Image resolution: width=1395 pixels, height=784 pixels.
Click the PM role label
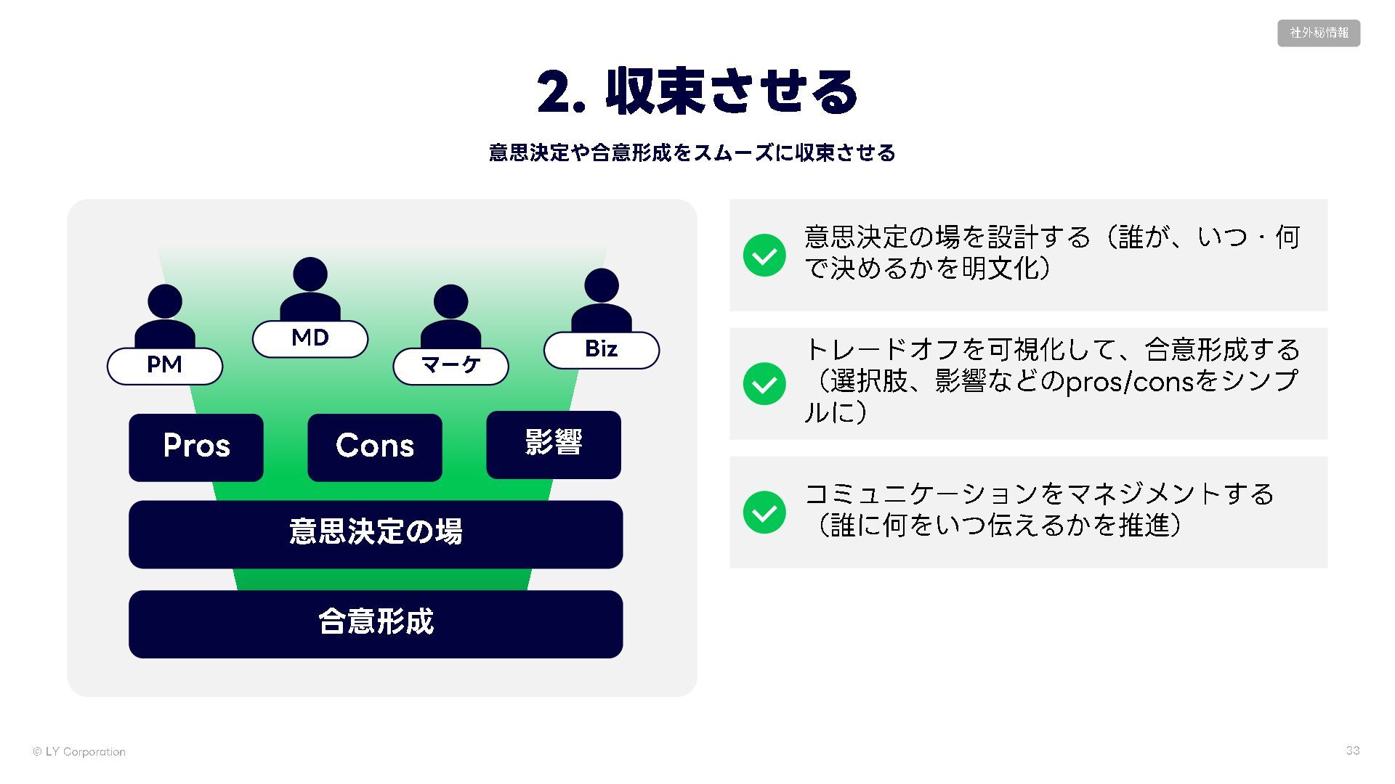[164, 365]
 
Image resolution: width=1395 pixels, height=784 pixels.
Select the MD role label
[310, 338]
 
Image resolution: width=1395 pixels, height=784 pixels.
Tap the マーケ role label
[450, 365]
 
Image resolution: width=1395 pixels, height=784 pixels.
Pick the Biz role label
[602, 350]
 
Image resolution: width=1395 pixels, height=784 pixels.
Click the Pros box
[196, 447]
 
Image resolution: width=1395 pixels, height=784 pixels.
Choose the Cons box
[375, 447]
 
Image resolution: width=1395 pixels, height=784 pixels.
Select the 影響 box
[554, 444]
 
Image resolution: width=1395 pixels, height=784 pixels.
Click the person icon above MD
[310, 287]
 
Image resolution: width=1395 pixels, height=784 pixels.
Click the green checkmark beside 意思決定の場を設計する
[764, 255]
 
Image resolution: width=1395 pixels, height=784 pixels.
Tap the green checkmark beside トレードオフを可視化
[764, 383]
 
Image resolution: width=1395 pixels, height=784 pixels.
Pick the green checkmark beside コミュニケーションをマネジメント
[764, 512]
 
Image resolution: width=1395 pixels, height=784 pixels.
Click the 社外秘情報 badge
[1319, 33]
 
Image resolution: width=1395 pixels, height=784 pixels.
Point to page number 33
[1352, 751]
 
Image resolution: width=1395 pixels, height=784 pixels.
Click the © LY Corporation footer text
[79, 752]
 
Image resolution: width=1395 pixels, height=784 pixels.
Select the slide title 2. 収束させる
[697, 92]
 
